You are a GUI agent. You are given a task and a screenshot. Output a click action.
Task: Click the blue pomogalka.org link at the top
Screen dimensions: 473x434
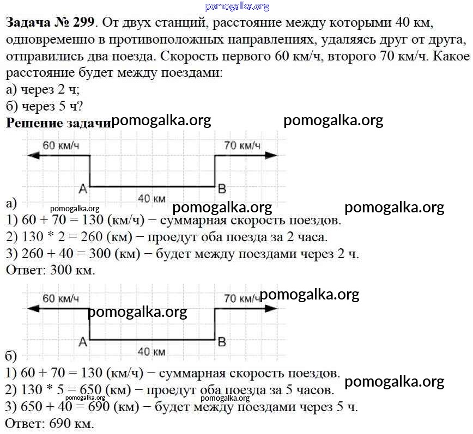237,7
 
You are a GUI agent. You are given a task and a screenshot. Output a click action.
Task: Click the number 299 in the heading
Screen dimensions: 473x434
84,23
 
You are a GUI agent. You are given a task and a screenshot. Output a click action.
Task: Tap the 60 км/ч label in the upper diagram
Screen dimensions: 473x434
60,145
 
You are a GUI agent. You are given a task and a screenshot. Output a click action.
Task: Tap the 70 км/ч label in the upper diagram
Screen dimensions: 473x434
242,145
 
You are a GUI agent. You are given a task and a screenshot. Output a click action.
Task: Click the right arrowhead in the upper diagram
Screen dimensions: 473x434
271,156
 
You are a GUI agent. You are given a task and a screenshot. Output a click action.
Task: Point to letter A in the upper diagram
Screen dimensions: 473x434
83,189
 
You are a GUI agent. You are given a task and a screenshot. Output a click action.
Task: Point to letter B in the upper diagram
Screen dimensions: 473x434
222,189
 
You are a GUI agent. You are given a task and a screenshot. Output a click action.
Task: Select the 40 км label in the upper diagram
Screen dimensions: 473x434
151,199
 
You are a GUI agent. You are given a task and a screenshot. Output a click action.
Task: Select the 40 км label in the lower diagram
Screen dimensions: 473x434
151,352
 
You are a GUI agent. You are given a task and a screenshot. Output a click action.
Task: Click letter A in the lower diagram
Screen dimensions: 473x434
83,342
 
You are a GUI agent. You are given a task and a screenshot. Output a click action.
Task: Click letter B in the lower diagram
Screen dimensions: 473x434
222,342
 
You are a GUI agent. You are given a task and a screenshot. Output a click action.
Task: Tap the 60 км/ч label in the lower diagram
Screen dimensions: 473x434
60,298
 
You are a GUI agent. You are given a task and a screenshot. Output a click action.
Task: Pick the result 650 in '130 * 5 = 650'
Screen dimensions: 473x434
90,390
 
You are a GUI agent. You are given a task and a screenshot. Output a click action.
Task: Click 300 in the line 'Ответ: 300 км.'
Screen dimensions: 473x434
61,270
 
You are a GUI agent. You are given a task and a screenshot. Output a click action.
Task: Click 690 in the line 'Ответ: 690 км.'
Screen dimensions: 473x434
60,424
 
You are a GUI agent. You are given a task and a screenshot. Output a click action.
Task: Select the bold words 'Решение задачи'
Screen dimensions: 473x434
59,123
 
